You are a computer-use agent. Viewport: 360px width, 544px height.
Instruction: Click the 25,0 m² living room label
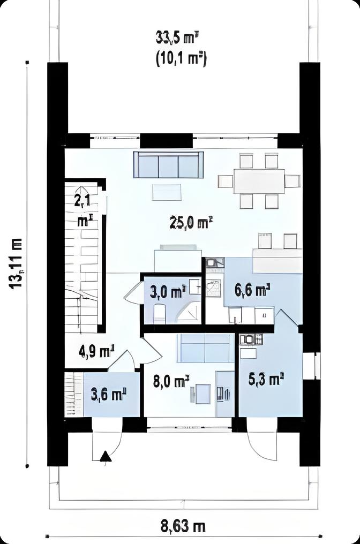click(190, 223)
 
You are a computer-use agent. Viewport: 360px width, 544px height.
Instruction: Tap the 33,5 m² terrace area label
click(177, 38)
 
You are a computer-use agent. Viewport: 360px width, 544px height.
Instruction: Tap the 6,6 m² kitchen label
click(252, 290)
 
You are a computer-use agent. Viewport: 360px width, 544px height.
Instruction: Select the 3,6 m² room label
click(108, 395)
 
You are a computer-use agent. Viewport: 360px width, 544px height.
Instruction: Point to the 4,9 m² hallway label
click(97, 352)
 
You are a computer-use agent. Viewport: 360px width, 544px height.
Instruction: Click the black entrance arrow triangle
click(106, 456)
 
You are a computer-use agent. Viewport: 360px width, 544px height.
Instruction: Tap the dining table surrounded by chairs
click(259, 181)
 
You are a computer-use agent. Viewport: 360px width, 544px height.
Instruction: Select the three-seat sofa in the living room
click(168, 165)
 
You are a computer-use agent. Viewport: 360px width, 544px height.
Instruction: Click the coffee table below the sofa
click(167, 192)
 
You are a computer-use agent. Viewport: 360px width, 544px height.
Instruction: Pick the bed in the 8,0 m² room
click(206, 347)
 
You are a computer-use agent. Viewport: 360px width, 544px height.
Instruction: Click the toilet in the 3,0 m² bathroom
click(159, 313)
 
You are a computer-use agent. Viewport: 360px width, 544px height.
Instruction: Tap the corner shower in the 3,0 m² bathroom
click(189, 312)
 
